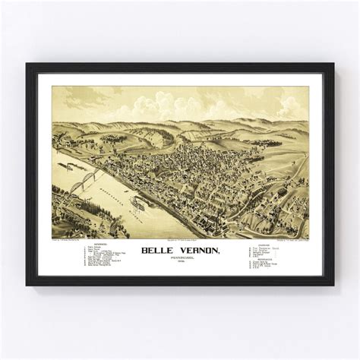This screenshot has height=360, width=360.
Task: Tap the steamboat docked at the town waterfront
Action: pyautogui.click(x=139, y=203)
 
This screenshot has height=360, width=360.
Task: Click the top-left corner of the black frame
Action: pyautogui.click(x=27, y=65)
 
